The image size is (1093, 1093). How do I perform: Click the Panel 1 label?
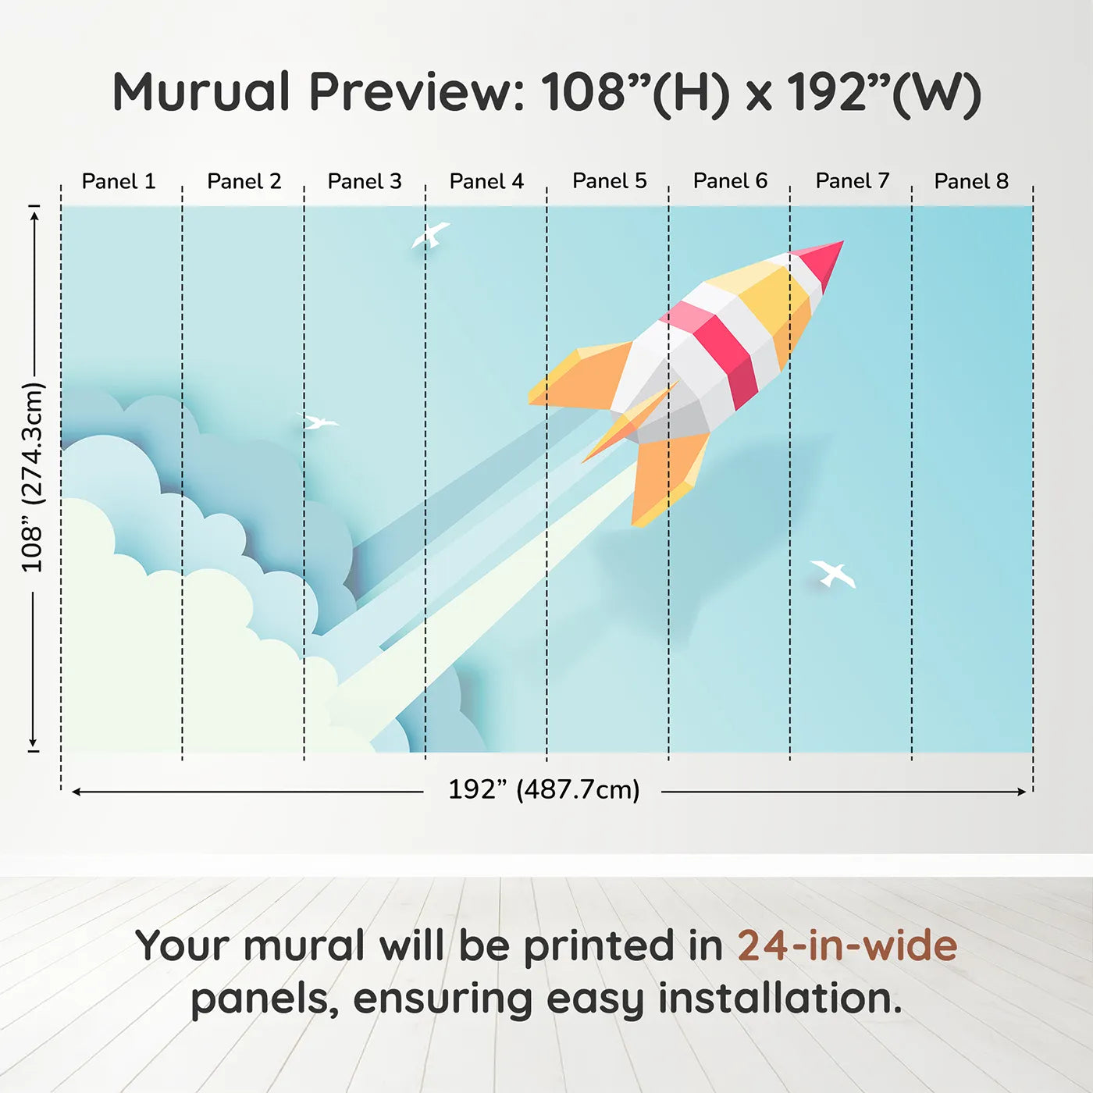[119, 181]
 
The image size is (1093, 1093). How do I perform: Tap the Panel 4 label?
[486, 181]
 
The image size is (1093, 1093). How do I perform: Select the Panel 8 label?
[971, 181]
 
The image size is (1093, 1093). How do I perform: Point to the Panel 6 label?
[730, 181]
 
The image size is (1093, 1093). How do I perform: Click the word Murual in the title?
[201, 92]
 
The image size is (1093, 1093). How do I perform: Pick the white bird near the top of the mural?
[430, 235]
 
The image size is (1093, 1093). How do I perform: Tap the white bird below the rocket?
[833, 574]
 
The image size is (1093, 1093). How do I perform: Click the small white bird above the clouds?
[319, 422]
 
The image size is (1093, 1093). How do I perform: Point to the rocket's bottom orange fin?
[669, 479]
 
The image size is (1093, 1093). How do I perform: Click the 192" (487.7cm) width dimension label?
[544, 790]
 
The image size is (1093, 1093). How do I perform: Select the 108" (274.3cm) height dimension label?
[32, 477]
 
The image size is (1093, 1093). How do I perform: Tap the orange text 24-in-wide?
[847, 945]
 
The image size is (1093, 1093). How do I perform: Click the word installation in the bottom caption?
[780, 999]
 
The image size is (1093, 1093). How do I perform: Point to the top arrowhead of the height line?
[36, 216]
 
